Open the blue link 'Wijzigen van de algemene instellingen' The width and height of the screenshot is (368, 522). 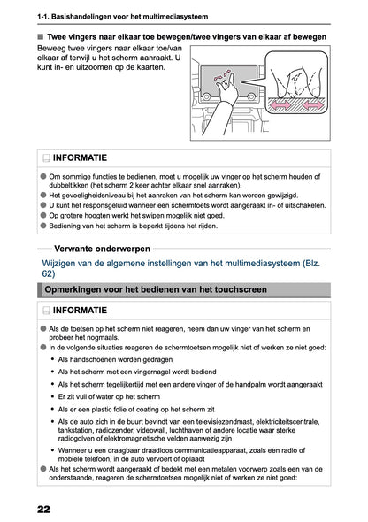click(133, 265)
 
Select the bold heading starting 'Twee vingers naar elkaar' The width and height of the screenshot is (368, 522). click(178, 38)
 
